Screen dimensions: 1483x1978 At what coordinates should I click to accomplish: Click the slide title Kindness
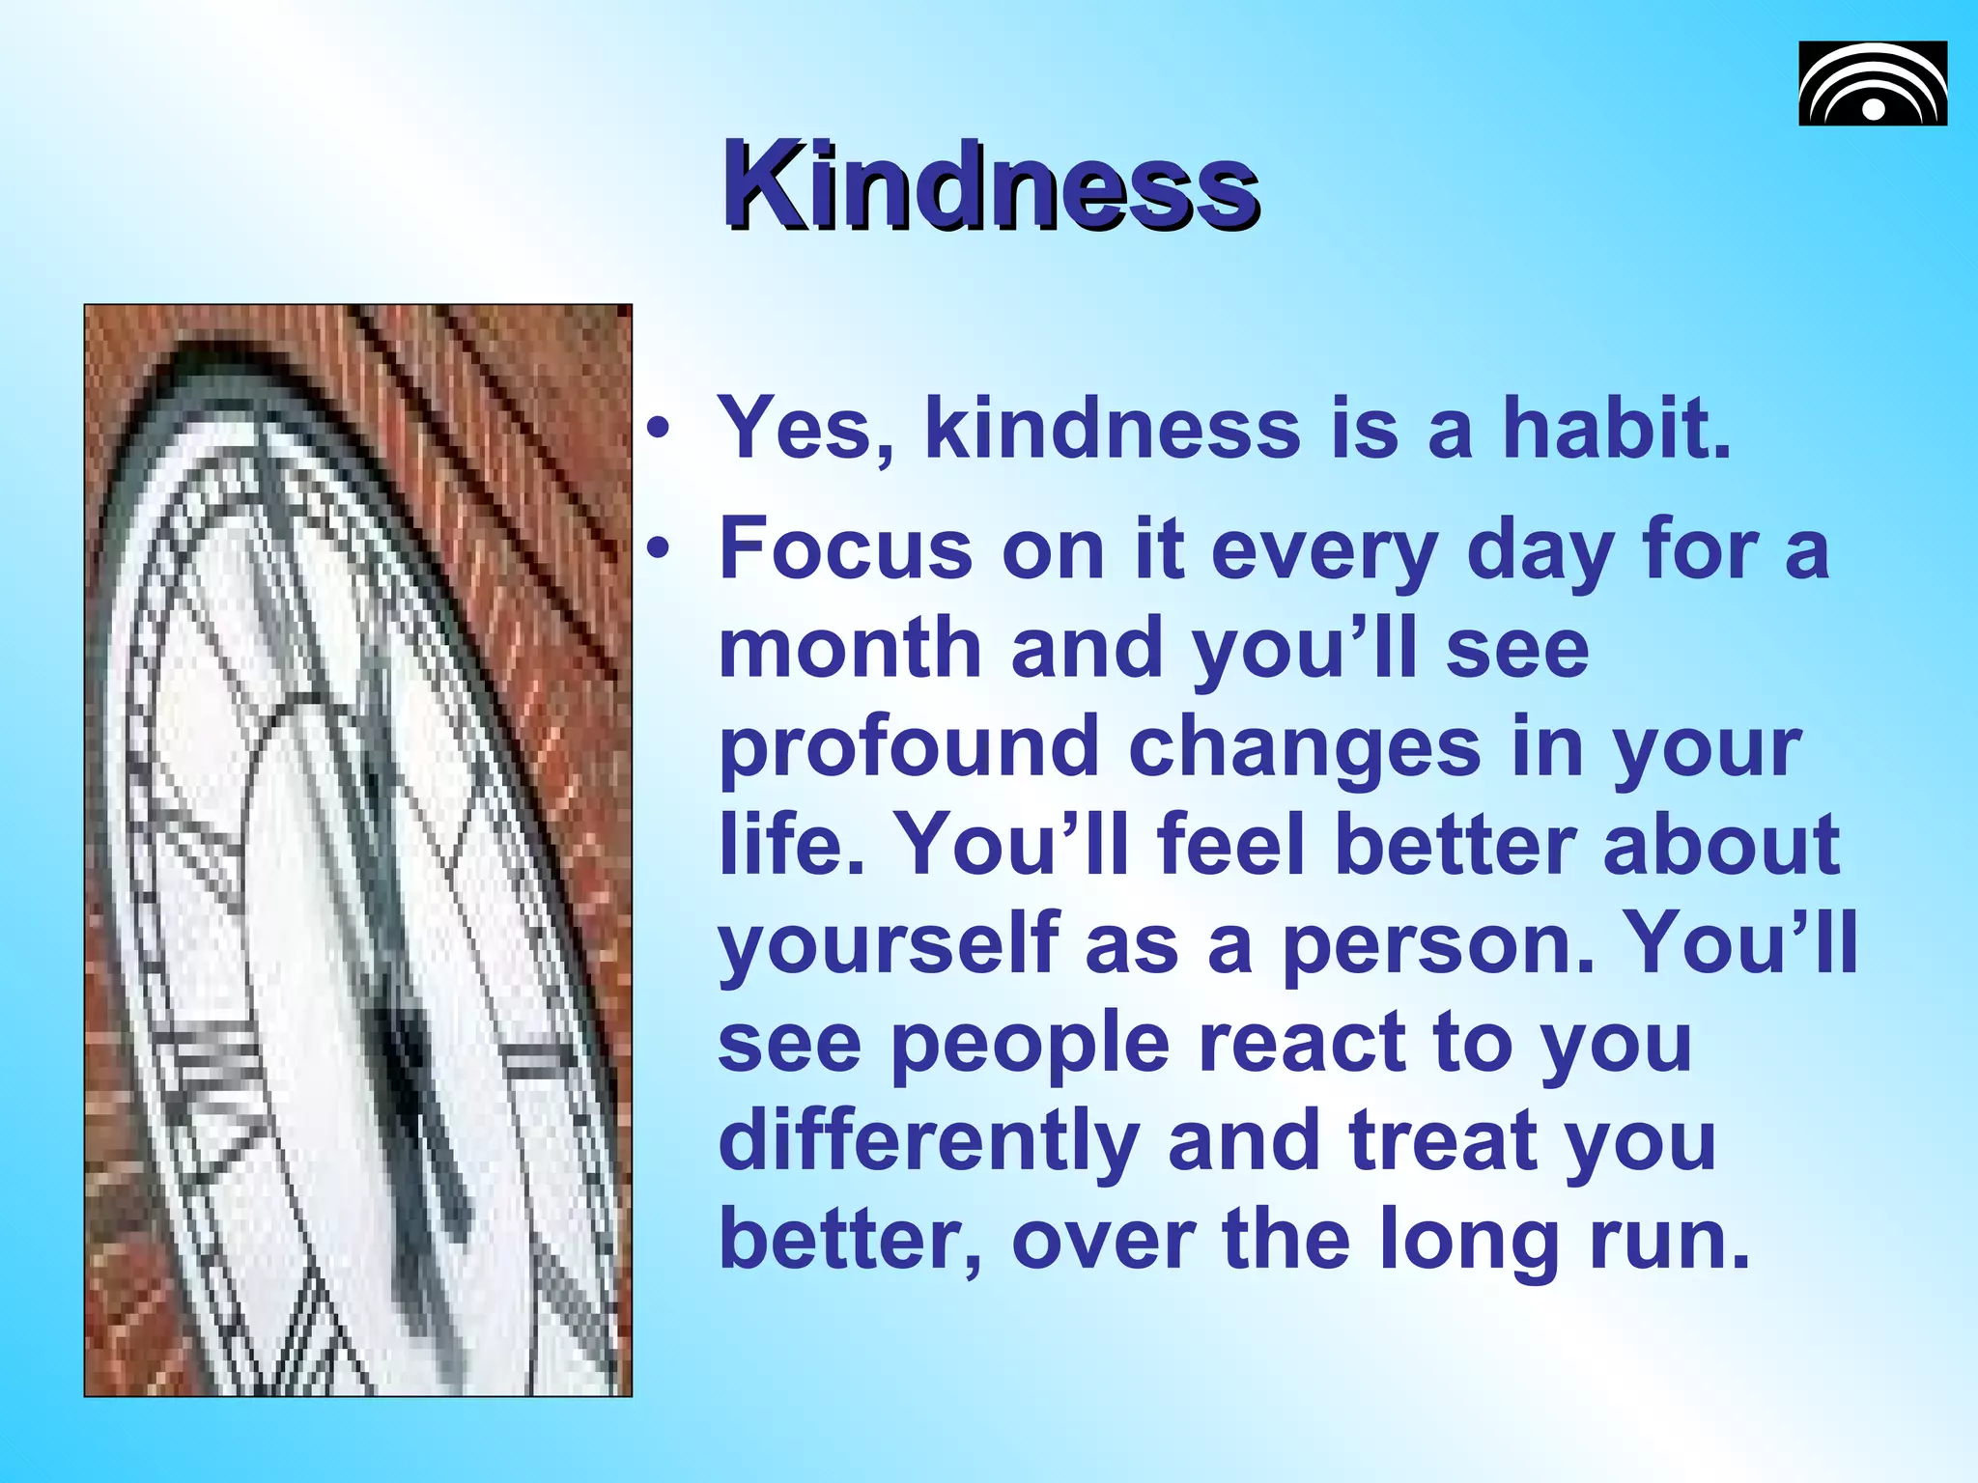click(990, 185)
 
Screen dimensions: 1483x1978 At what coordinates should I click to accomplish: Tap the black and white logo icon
click(1872, 83)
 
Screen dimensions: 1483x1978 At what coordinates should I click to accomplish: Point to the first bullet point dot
click(658, 430)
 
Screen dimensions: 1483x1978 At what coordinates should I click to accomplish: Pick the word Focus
click(845, 548)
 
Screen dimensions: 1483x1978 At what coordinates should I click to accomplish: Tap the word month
click(850, 649)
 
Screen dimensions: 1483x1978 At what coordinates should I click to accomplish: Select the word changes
click(1304, 748)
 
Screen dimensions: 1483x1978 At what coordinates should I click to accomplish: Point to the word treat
click(1444, 1142)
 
